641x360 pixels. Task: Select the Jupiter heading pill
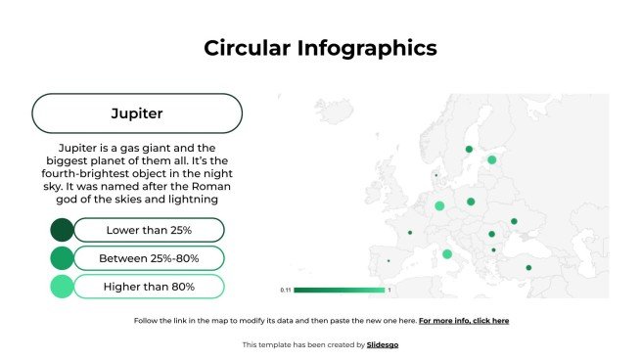(x=137, y=113)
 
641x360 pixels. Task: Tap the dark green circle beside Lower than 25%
(x=62, y=230)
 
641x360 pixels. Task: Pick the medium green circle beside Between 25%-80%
(x=62, y=258)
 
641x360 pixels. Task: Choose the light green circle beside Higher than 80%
(x=62, y=287)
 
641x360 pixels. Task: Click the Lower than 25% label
(x=149, y=230)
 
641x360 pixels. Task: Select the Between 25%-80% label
(x=149, y=258)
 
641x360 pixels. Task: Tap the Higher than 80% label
(x=149, y=287)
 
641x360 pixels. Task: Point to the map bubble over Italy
(x=447, y=254)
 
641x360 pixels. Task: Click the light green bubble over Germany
(x=439, y=205)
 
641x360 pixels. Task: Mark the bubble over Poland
(x=471, y=202)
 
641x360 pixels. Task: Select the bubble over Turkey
(x=528, y=267)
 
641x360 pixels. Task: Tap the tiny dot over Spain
(x=389, y=261)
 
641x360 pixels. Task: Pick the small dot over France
(x=409, y=232)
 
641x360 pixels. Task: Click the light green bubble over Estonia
(x=492, y=159)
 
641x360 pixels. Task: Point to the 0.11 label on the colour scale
(x=286, y=291)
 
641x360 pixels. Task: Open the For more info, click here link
(x=463, y=321)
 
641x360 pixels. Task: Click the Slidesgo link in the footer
(x=383, y=344)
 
